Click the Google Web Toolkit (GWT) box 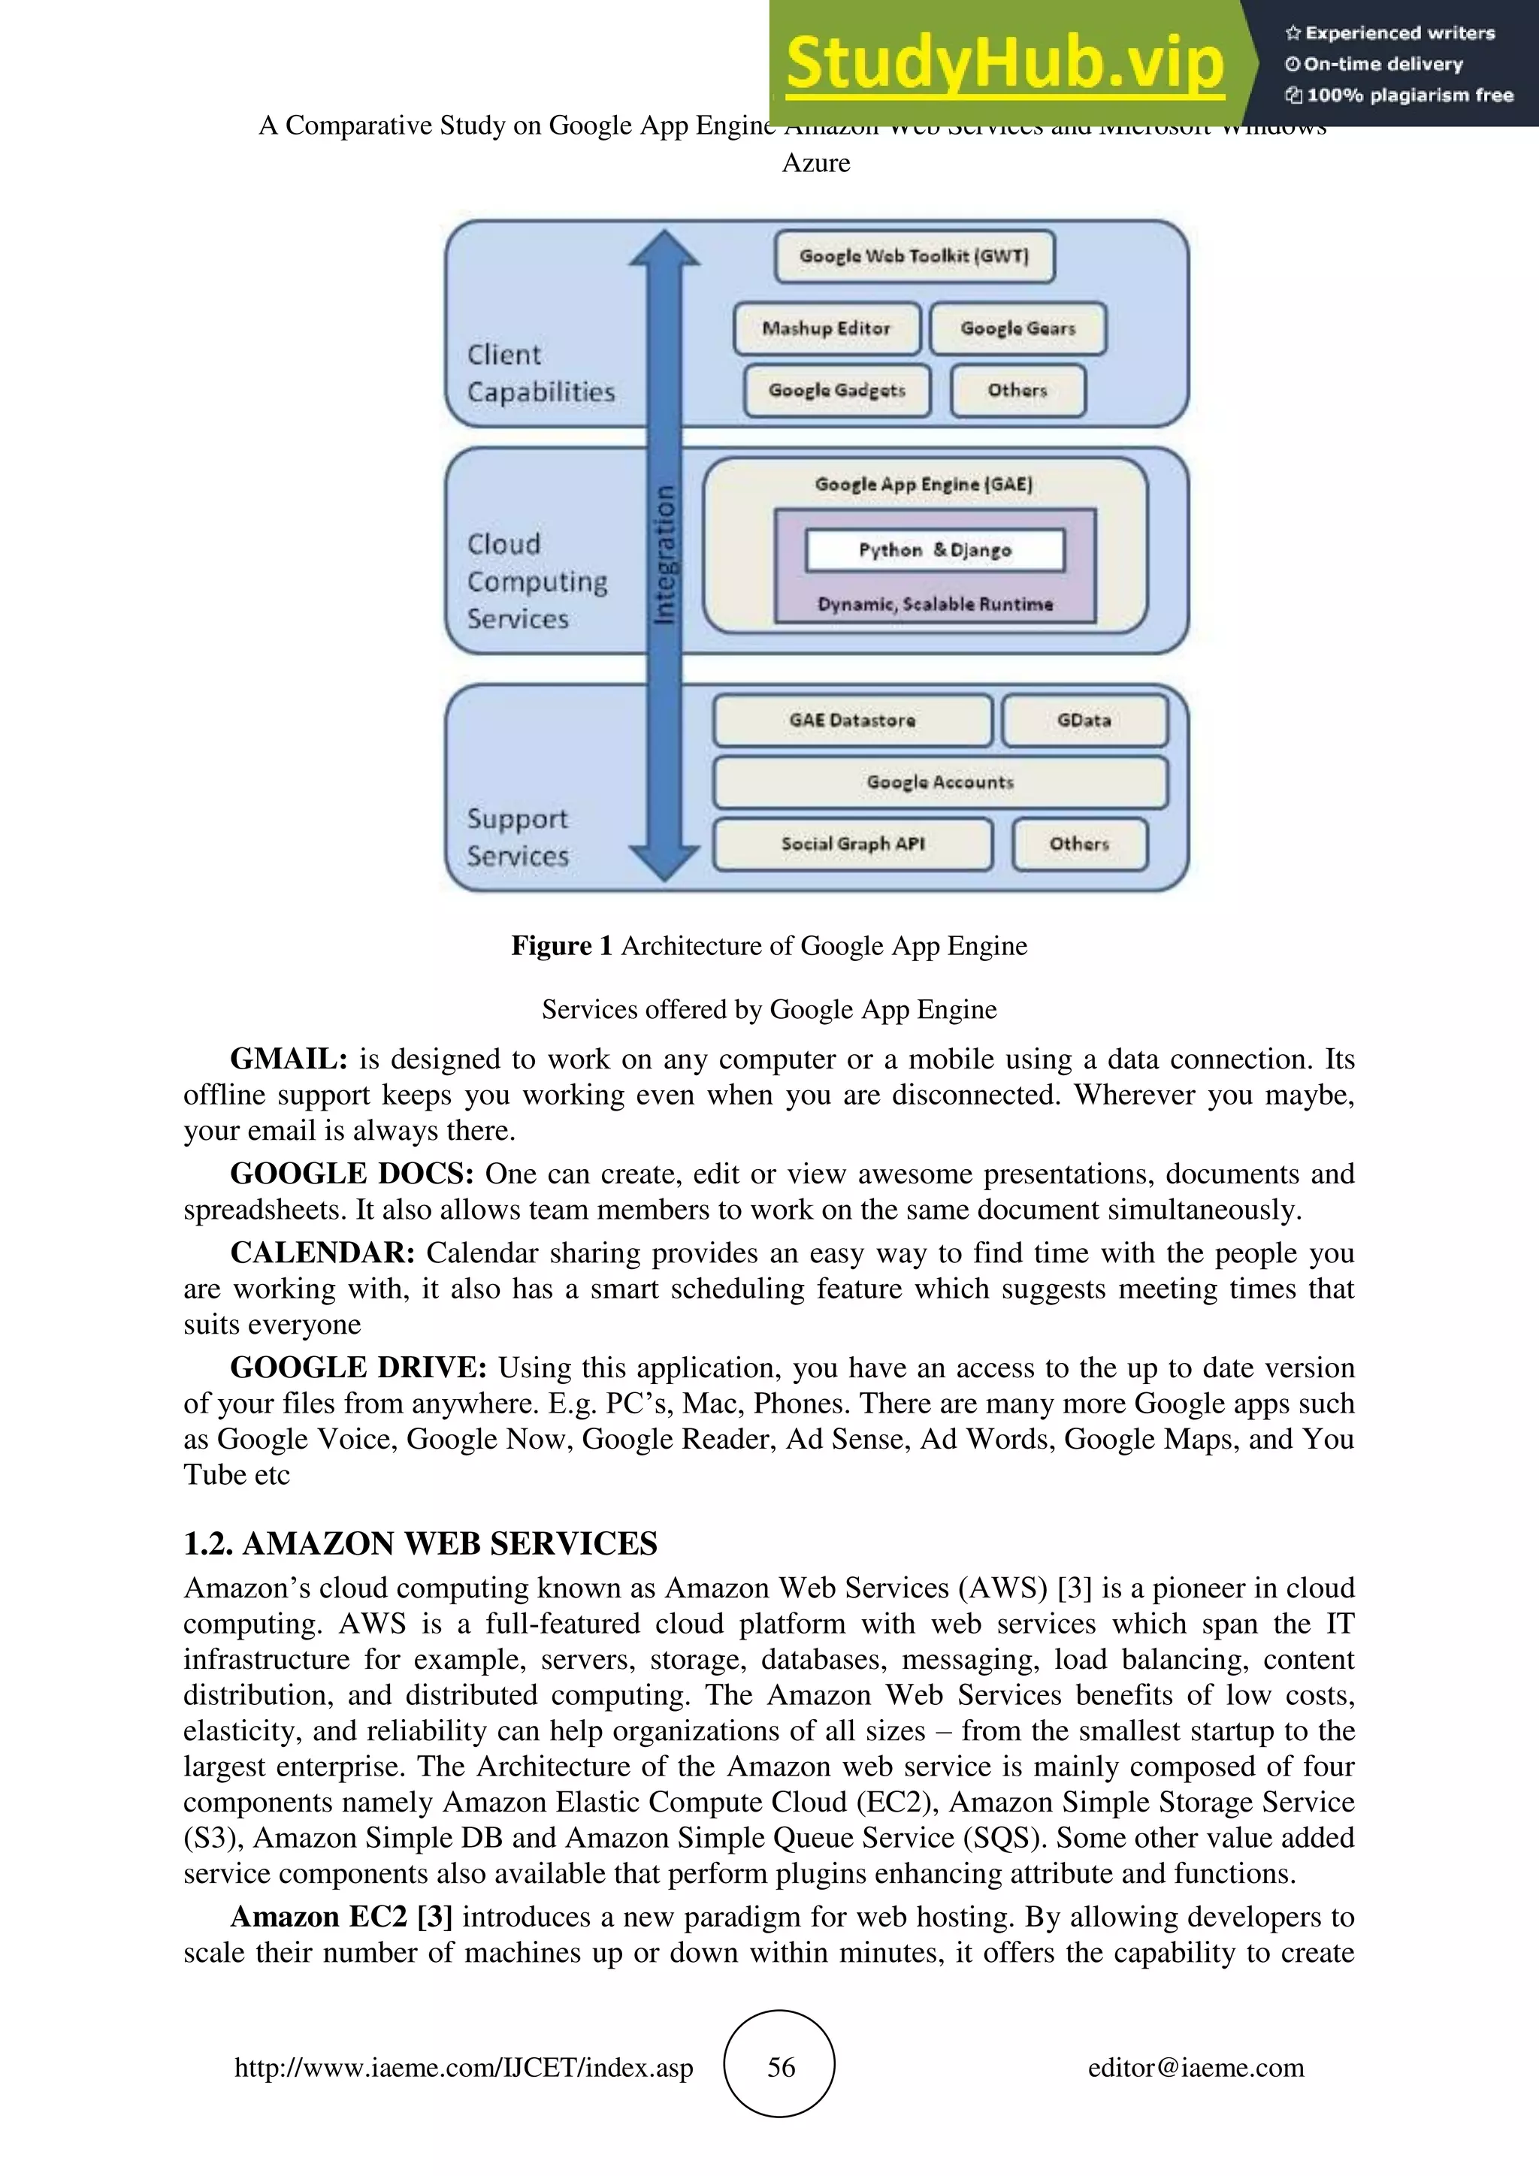click(914, 256)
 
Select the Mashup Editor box click(827, 328)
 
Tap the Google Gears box click(1017, 328)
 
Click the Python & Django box click(934, 550)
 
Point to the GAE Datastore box click(852, 721)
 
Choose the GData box click(1084, 721)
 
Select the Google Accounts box click(939, 782)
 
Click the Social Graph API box click(852, 844)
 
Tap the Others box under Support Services click(1078, 844)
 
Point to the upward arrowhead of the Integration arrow click(664, 248)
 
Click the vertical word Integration click(665, 554)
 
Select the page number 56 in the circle click(780, 2067)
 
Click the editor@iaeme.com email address click(1195, 2067)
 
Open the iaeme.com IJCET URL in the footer click(464, 2067)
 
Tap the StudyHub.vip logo click(1005, 65)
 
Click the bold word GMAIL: click(289, 1059)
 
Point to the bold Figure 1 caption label click(561, 946)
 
